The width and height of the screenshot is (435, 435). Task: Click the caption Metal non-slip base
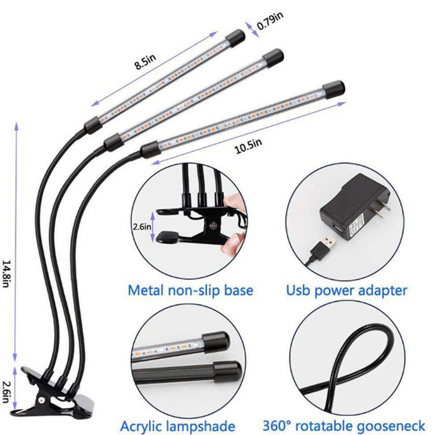point(190,289)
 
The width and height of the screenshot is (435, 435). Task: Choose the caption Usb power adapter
point(347,289)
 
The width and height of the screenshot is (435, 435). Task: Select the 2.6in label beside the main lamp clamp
point(7,385)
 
